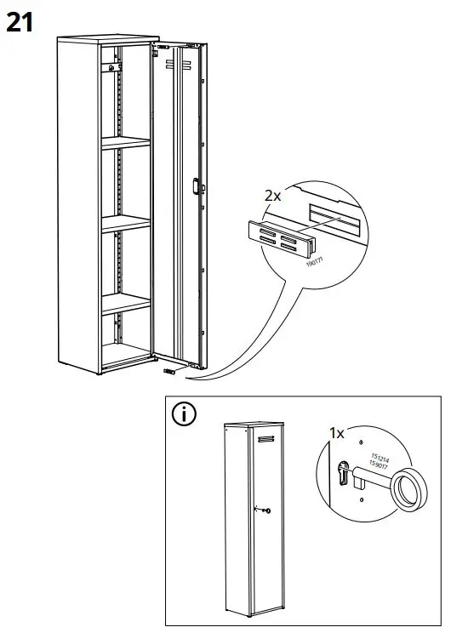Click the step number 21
20,22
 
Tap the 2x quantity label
272,196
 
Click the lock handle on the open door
196,186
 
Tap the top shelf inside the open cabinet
125,144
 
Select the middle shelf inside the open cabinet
125,223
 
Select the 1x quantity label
337,433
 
